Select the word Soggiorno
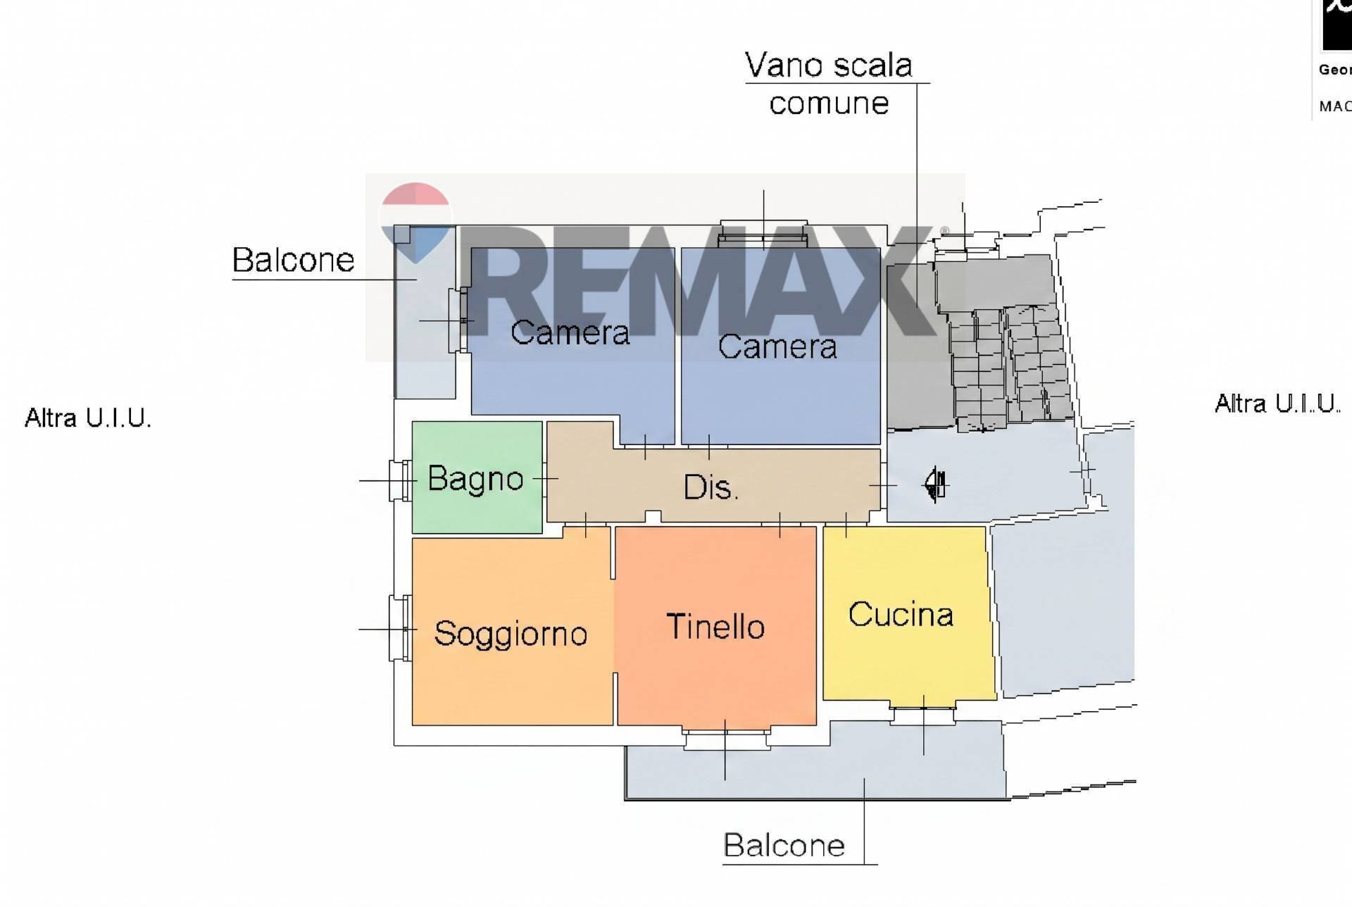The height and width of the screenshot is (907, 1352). click(511, 634)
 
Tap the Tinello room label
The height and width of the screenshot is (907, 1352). click(715, 627)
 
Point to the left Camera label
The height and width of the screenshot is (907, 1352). click(570, 332)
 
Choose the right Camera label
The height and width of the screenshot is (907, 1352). click(777, 346)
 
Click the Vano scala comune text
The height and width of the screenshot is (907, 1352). click(829, 84)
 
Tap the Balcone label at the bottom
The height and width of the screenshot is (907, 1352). click(784, 845)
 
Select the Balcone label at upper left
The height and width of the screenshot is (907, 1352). click(293, 260)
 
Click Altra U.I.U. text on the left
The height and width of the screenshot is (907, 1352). click(88, 418)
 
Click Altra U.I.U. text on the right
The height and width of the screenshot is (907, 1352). click(1277, 404)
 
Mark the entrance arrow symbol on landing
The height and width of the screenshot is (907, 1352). click(936, 484)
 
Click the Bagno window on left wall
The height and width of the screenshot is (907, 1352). click(400, 480)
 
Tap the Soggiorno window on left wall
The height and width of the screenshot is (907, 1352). click(400, 628)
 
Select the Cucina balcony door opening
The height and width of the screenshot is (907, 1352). click(923, 714)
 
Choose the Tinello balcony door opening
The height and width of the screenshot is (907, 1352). click(725, 738)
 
